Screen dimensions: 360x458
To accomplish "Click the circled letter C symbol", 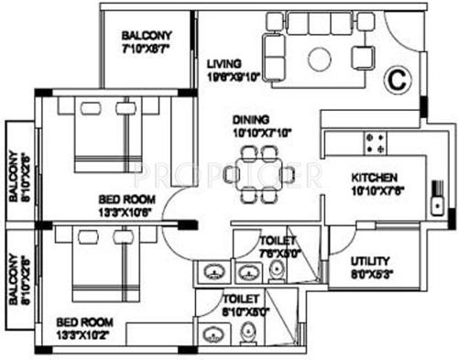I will point(398,80).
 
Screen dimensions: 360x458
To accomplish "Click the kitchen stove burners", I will point(376,142).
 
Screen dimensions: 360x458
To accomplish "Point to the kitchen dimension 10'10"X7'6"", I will point(376,191).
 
